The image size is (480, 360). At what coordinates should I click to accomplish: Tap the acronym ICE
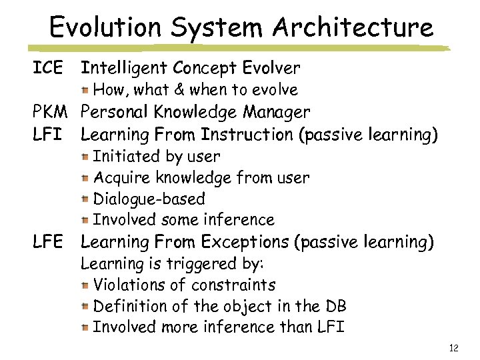click(x=49, y=67)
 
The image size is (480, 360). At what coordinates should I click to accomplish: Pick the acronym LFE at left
click(x=49, y=242)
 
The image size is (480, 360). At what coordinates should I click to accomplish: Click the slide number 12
click(x=454, y=348)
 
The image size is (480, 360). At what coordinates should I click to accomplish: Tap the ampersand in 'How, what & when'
click(x=179, y=89)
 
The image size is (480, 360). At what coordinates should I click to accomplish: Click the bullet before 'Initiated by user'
click(x=85, y=157)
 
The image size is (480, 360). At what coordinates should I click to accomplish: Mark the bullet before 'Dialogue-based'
click(x=85, y=199)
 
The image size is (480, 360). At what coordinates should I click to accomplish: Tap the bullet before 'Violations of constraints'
click(x=85, y=286)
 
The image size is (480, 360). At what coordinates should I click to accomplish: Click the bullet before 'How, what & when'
click(x=85, y=90)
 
